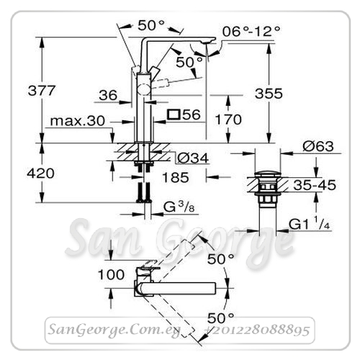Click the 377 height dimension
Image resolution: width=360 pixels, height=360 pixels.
pyautogui.click(x=42, y=91)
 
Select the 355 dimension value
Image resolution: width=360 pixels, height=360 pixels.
pyautogui.click(x=269, y=94)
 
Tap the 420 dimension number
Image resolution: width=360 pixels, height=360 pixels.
pyautogui.click(x=40, y=174)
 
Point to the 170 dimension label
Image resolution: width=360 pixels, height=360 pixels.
pyautogui.click(x=228, y=120)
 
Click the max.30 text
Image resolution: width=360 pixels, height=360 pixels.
pyautogui.click(x=78, y=121)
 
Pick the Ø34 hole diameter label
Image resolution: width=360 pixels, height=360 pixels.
pyautogui.click(x=193, y=158)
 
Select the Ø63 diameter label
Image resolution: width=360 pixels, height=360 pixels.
pyautogui.click(x=318, y=146)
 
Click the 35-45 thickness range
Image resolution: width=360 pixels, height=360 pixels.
pyautogui.click(x=315, y=185)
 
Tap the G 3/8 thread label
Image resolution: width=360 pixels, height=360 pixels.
pyautogui.click(x=179, y=207)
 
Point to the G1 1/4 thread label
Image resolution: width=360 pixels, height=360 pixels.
pyautogui.click(x=309, y=224)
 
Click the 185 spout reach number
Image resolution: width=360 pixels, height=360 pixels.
pyautogui.click(x=176, y=178)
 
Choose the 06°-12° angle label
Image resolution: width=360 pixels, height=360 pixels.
pyautogui.click(x=251, y=31)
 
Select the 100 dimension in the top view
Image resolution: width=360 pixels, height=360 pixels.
pyautogui.click(x=111, y=274)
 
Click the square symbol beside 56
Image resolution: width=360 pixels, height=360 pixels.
pyautogui.click(x=174, y=114)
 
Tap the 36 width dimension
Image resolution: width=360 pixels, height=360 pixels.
pyautogui.click(x=108, y=95)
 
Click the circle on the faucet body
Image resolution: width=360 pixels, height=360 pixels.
pyautogui.click(x=143, y=90)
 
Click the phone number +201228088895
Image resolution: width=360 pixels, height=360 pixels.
pyautogui.click(x=257, y=330)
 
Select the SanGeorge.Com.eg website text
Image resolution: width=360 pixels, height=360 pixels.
pyautogui.click(x=114, y=330)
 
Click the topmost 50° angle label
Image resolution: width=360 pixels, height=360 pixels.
pyautogui.click(x=151, y=25)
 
